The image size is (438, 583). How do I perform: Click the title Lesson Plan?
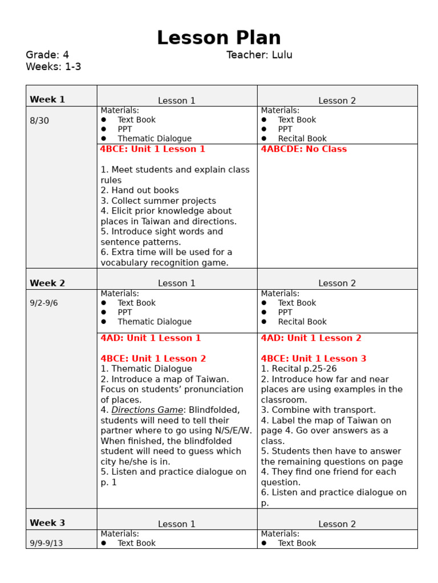tap(218, 38)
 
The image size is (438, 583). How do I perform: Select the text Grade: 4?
tap(47, 55)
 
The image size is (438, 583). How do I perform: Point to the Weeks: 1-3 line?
tap(54, 67)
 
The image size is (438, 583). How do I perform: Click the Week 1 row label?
tap(47, 100)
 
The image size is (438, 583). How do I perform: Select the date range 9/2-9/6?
tap(44, 303)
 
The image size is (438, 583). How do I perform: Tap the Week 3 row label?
tap(47, 523)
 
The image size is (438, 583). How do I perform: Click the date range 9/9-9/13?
tap(46, 543)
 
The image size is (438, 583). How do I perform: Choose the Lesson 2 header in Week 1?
tap(336, 101)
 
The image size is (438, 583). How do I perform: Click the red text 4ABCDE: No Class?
tap(303, 149)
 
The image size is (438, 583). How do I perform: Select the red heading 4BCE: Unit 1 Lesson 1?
tap(152, 149)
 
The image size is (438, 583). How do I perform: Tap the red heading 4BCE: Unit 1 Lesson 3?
tap(313, 359)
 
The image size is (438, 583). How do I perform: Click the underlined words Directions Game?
tap(147, 410)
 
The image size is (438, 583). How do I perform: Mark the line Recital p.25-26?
tap(299, 369)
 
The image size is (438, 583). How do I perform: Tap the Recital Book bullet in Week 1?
tap(302, 138)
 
